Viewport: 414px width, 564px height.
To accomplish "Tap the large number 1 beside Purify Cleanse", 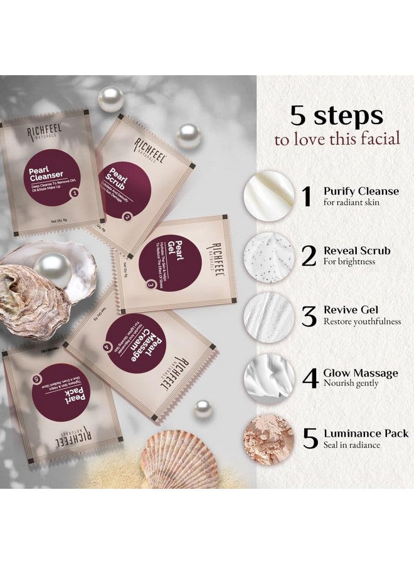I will click(306, 196).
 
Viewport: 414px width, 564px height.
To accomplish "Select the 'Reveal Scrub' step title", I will click(356, 251).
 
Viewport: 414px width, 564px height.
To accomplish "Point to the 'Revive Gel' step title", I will click(351, 310).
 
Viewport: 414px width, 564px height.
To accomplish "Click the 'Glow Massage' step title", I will click(361, 373).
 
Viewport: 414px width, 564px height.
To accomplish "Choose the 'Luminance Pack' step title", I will click(366, 433).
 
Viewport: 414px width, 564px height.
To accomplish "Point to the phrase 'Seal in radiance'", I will click(353, 446).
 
